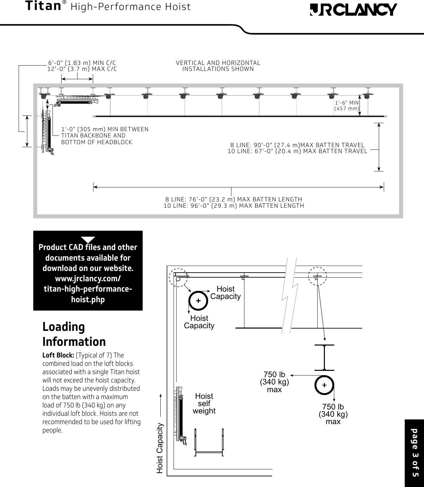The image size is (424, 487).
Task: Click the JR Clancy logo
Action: coord(353,10)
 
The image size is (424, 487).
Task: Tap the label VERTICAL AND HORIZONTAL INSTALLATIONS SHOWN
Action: coord(218,66)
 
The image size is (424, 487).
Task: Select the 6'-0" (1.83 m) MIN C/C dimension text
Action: coord(82,63)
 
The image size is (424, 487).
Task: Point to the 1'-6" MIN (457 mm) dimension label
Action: coord(347,106)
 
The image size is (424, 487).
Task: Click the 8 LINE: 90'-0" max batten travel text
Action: coord(297,145)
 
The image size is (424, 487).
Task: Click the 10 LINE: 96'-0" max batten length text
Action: coord(233,206)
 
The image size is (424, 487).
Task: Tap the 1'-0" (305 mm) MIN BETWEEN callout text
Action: coord(105,129)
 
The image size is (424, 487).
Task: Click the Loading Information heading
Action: coord(74,334)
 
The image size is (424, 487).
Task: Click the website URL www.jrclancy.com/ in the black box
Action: coord(88,278)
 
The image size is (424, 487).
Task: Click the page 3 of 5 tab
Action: coord(414,453)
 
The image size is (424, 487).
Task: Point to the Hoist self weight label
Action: coord(204,403)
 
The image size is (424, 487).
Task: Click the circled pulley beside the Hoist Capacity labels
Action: coord(198,301)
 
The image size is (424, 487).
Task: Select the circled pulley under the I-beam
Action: coord(324,385)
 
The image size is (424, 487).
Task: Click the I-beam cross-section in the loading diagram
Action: coord(324,358)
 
